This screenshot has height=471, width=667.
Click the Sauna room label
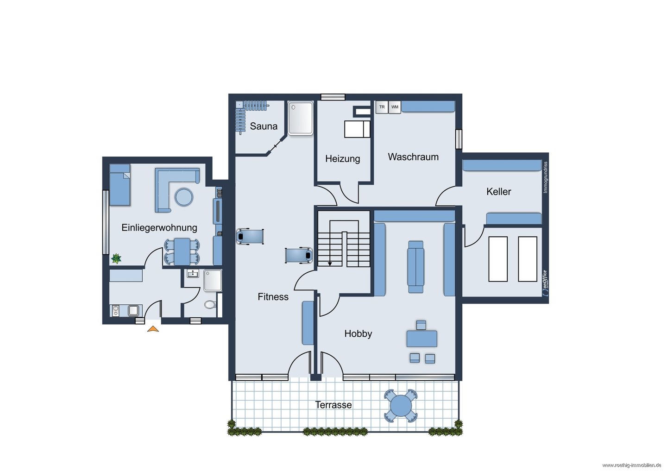[x=264, y=126]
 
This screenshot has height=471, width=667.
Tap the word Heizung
[x=342, y=159]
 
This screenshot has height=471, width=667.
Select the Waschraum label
[x=413, y=157]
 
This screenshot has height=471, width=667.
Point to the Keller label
[x=498, y=191]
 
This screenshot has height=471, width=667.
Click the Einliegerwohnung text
[x=159, y=228]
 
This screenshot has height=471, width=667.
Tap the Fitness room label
[x=273, y=296]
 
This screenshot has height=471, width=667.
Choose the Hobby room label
[x=358, y=333]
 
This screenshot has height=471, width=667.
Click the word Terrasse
[x=333, y=405]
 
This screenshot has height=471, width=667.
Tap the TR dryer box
[x=382, y=107]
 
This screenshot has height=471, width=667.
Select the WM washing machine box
[x=395, y=107]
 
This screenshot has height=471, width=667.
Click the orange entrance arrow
[x=153, y=329]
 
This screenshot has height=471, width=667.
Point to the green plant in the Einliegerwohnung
[x=116, y=258]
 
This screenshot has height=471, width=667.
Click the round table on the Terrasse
[x=401, y=406]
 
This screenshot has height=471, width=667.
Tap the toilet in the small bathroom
[x=210, y=304]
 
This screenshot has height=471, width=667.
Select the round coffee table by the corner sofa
[x=184, y=197]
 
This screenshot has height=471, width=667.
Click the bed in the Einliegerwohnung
[x=120, y=185]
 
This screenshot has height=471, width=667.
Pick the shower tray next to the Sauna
[x=301, y=118]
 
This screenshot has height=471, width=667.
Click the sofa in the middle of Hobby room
[x=415, y=267]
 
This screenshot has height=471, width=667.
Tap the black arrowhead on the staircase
[x=330, y=264]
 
